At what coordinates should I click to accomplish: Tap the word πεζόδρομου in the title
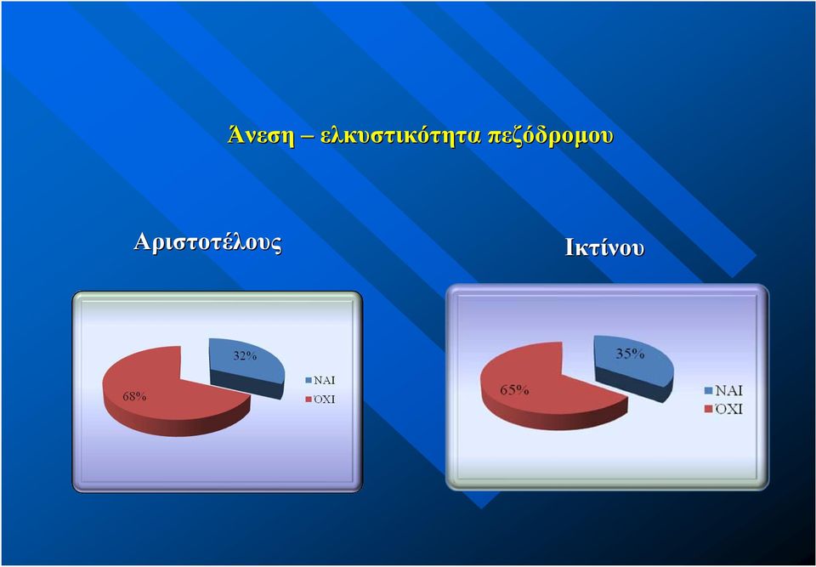550,137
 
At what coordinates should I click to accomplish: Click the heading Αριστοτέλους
207,242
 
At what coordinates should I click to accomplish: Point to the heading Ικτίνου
604,248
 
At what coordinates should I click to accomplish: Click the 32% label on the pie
245,356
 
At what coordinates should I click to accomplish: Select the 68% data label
134,397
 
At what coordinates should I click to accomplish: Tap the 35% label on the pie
630,354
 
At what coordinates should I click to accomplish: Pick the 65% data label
515,389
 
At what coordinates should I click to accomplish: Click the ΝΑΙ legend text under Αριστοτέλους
324,381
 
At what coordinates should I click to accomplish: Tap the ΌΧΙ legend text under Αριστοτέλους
323,400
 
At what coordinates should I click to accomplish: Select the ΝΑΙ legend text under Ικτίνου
728,390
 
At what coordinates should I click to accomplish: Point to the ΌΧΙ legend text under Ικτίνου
728,409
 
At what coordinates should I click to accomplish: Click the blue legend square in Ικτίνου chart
708,390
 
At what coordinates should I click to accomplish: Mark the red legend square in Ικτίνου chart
708,409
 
